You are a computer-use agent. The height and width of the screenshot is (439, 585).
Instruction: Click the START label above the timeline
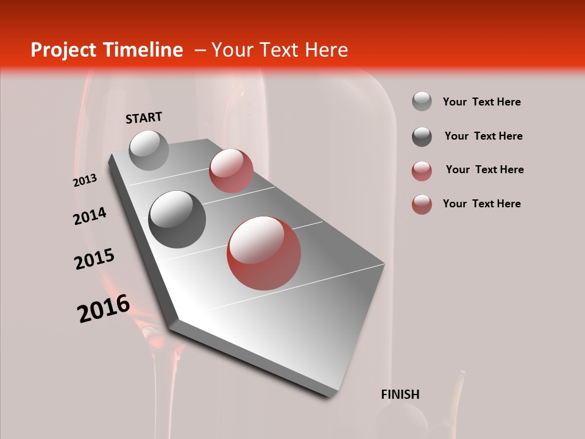tap(144, 118)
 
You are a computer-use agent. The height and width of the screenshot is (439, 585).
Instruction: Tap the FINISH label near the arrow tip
tap(400, 394)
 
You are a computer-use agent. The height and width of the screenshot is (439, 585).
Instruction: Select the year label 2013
tap(85, 180)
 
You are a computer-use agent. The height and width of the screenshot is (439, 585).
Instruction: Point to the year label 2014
tap(90, 216)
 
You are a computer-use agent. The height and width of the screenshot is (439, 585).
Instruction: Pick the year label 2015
tap(94, 259)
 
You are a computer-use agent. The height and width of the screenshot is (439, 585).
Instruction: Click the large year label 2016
tap(104, 309)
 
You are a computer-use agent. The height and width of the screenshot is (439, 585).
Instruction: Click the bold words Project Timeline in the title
tap(107, 50)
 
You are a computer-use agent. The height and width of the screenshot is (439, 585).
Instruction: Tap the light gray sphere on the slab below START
tap(149, 150)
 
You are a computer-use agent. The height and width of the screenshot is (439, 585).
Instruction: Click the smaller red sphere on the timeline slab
tap(231, 171)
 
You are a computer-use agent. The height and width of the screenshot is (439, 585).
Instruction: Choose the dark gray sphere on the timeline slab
tap(177, 219)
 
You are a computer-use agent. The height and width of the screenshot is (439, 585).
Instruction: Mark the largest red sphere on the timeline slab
tap(264, 253)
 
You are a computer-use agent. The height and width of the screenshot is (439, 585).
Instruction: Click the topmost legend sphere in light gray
tap(422, 101)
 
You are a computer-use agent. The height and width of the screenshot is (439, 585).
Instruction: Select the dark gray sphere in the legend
tap(422, 137)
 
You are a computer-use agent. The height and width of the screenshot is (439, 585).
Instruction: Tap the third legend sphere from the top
tap(422, 171)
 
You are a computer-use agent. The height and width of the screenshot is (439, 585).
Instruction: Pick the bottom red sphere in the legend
tap(422, 204)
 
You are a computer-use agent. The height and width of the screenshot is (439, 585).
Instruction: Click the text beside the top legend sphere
tap(481, 102)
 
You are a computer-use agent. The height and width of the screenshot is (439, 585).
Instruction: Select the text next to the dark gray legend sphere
tap(483, 136)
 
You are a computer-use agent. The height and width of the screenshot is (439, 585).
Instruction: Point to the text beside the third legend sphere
tap(484, 170)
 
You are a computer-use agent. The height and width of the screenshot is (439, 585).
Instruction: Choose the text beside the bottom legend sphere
tap(481, 204)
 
